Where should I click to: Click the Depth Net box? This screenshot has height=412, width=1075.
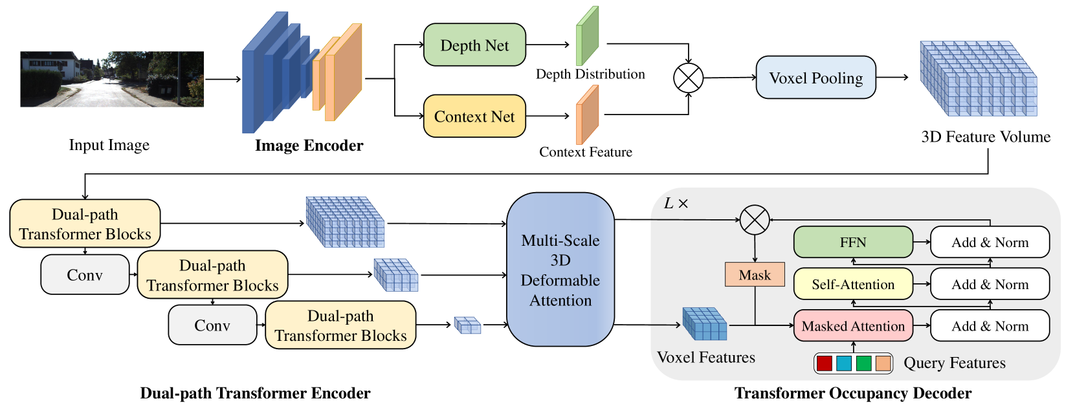pos(474,45)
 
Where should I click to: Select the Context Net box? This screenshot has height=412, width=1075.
pos(474,116)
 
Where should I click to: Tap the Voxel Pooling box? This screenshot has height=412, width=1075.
pos(815,78)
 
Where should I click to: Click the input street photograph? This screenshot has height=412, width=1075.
pos(112,79)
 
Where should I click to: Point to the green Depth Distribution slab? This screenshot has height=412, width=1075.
pos(587,36)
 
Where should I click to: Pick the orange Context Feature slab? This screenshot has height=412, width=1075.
pos(587,115)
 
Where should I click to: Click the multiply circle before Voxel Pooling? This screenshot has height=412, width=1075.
pos(688,78)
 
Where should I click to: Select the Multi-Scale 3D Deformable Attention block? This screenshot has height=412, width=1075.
pos(560,270)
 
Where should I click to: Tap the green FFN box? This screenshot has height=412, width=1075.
pos(853,243)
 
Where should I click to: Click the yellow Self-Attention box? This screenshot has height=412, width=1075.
pos(853,284)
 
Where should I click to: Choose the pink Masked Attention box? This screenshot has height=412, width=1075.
pos(853,326)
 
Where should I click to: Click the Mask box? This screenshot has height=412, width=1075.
pos(755,275)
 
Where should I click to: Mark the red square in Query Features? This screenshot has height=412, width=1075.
pos(824,363)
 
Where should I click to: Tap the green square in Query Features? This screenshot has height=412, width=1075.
pos(863,363)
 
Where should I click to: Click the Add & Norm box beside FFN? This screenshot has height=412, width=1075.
pos(990,243)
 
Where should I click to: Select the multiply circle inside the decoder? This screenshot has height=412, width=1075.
pos(755,220)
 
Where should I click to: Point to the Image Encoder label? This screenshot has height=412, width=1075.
pos(309,146)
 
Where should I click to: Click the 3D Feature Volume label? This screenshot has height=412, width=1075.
pos(986,137)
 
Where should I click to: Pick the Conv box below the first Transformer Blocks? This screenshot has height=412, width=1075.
pos(85,275)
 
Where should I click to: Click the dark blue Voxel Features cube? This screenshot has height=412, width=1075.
pos(705,324)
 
